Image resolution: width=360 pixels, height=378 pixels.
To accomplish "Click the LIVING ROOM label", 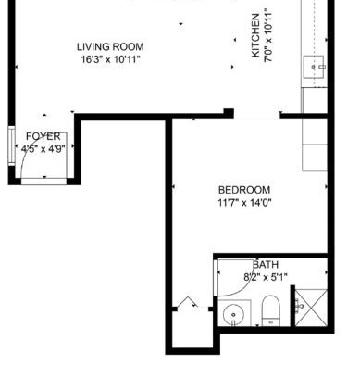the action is tap(110, 47).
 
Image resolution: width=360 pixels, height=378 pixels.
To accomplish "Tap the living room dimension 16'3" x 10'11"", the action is tap(110, 59).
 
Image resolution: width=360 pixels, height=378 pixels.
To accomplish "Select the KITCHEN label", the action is tap(255, 35).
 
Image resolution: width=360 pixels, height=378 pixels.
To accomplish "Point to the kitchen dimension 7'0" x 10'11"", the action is tap(268, 35).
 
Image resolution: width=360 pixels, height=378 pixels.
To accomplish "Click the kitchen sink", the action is tap(314, 67).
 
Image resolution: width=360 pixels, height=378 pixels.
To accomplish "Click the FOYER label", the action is tap(43, 136).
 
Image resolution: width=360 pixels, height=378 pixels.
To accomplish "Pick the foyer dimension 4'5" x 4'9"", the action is tap(43, 149).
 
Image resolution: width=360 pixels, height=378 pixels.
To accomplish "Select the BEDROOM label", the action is tap(244, 190).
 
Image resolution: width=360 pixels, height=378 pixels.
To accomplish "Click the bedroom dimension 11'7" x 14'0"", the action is tap(244, 203).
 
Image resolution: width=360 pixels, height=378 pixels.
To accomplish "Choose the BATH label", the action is tap(266, 265).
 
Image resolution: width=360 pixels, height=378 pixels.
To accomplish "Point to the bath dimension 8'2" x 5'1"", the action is tap(266, 277).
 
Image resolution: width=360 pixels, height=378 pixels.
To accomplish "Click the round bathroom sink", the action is tap(233, 315).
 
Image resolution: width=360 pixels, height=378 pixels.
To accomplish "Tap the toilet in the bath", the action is tap(270, 311).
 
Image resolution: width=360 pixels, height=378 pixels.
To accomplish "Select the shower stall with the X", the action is tap(311, 308).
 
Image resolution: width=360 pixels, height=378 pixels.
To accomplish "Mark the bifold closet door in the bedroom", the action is tap(187, 302).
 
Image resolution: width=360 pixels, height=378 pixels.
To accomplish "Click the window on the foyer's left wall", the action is tap(11, 146).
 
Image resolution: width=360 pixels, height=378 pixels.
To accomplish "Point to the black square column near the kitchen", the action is tap(229, 113).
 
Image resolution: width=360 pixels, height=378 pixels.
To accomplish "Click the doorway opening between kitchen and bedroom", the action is tap(256, 116).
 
